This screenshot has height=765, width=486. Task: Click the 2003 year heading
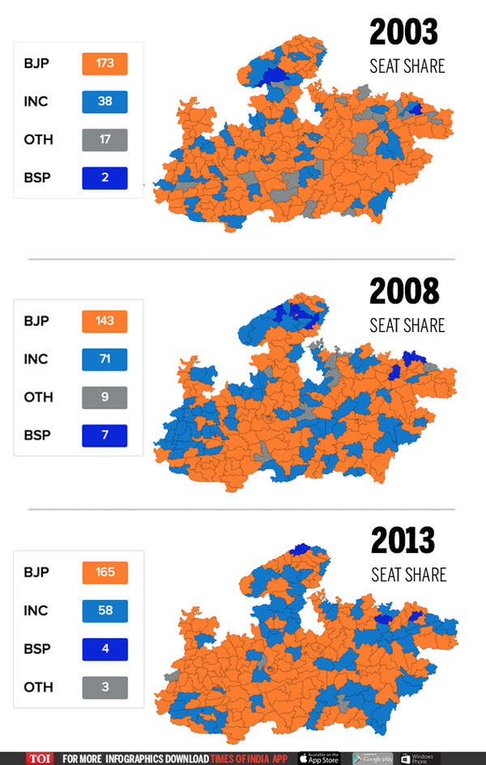403,33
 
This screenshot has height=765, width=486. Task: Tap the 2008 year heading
404,291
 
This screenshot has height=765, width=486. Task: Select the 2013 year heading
404,541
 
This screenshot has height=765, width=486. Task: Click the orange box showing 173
104,63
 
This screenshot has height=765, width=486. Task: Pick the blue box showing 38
104,101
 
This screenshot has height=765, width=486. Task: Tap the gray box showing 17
104,139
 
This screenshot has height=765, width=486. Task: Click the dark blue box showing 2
104,177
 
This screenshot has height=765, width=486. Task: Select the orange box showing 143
104,321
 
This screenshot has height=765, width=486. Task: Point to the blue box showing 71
104,359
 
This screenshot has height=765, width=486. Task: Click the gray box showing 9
104,397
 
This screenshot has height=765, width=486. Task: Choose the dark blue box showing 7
104,435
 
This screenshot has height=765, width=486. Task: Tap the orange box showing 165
104,572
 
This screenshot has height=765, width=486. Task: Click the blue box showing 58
104,610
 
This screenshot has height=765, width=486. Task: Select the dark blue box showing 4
104,648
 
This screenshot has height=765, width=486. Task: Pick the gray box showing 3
104,686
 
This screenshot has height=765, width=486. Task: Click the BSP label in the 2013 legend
36,648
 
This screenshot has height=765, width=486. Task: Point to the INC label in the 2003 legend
36,101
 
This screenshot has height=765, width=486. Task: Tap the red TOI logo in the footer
40,759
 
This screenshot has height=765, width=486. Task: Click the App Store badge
322,759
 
